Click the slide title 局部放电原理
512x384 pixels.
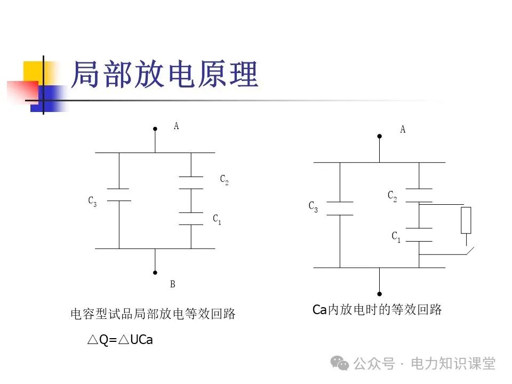click(x=164, y=74)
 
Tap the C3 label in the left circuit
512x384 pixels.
click(x=93, y=201)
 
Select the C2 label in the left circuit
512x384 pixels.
click(x=225, y=180)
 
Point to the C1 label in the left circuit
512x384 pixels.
click(x=217, y=219)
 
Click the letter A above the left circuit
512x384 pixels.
click(x=176, y=126)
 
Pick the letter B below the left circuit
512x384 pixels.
click(x=172, y=284)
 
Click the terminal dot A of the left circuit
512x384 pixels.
click(x=155, y=129)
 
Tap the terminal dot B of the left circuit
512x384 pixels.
click(x=155, y=272)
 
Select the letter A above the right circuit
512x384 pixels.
click(x=403, y=130)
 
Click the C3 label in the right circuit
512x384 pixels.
click(x=313, y=207)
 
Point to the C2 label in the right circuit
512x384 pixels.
click(x=392, y=197)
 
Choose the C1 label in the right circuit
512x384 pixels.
click(x=396, y=237)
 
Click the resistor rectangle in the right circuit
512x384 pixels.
click(x=466, y=220)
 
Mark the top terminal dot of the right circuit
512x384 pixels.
click(x=379, y=136)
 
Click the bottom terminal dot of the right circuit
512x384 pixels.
click(x=379, y=294)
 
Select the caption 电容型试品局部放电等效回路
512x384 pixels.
click(x=153, y=314)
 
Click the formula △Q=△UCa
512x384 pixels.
click(x=120, y=340)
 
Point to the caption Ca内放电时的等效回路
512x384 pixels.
click(x=377, y=310)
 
